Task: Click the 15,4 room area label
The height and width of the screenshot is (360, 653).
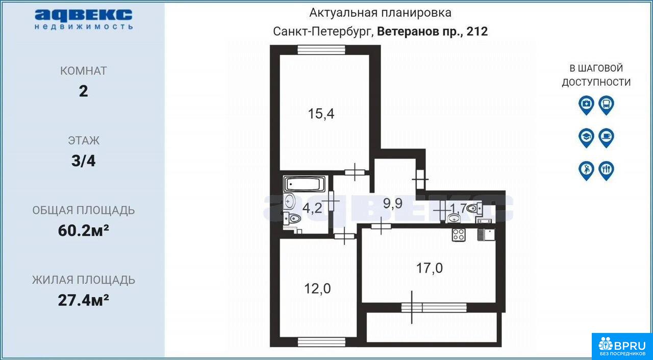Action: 321,114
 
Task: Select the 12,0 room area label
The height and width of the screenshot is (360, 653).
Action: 317,289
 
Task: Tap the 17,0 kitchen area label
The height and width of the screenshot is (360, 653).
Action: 430,268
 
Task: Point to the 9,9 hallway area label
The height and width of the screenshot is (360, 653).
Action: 393,203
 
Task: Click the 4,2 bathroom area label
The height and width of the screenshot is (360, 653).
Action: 312,208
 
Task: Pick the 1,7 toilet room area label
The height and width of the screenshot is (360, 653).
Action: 459,208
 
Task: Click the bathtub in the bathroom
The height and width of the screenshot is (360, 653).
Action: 305,184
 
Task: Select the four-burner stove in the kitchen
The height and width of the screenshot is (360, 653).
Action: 459,235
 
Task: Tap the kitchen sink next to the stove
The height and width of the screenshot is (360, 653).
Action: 486,235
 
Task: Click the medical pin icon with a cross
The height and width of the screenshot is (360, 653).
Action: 586,105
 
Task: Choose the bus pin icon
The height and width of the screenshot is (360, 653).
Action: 607,105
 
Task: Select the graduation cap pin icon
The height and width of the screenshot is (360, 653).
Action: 586,138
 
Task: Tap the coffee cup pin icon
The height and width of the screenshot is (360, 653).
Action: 607,138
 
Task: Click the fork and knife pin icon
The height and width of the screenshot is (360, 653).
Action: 607,170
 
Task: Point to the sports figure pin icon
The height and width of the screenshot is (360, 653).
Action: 586,170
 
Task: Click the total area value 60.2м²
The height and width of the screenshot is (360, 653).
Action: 84,230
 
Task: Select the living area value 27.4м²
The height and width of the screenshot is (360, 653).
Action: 84,300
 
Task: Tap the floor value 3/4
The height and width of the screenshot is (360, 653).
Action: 83,161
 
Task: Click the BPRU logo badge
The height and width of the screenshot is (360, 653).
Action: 622,346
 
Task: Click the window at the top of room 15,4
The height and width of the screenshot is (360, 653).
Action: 321,50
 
